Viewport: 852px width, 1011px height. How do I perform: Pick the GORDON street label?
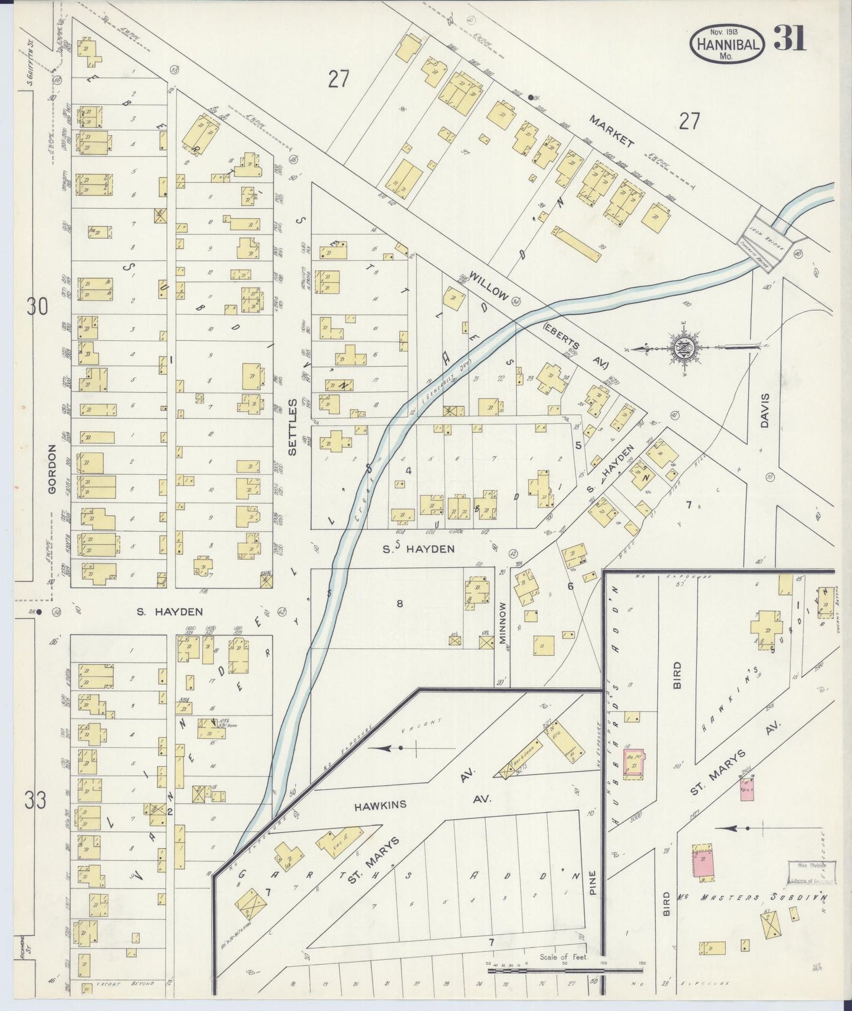click(x=52, y=469)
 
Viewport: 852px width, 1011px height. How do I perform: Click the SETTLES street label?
click(x=292, y=426)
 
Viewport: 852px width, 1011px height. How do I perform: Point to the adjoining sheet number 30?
click(x=37, y=307)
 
